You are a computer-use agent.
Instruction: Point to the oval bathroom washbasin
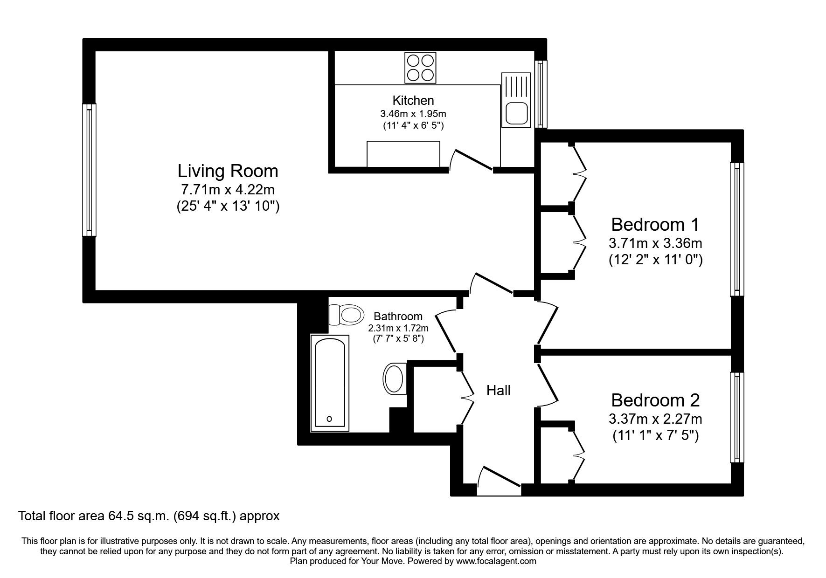(395, 379)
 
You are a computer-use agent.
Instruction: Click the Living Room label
(228, 171)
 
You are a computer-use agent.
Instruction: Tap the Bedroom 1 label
(655, 225)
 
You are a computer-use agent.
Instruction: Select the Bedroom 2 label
(655, 400)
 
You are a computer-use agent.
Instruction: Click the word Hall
(498, 391)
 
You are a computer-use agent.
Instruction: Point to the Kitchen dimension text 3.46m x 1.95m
(413, 113)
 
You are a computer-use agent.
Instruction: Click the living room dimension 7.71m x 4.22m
(228, 190)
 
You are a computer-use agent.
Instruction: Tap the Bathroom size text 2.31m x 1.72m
(398, 328)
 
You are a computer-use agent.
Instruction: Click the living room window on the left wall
(89, 170)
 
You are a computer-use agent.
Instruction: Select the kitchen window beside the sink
(541, 94)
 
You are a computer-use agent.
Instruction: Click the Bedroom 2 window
(736, 417)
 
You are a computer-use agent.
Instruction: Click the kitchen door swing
(472, 161)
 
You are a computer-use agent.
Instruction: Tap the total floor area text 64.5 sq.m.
(148, 516)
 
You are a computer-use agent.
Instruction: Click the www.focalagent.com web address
(496, 562)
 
